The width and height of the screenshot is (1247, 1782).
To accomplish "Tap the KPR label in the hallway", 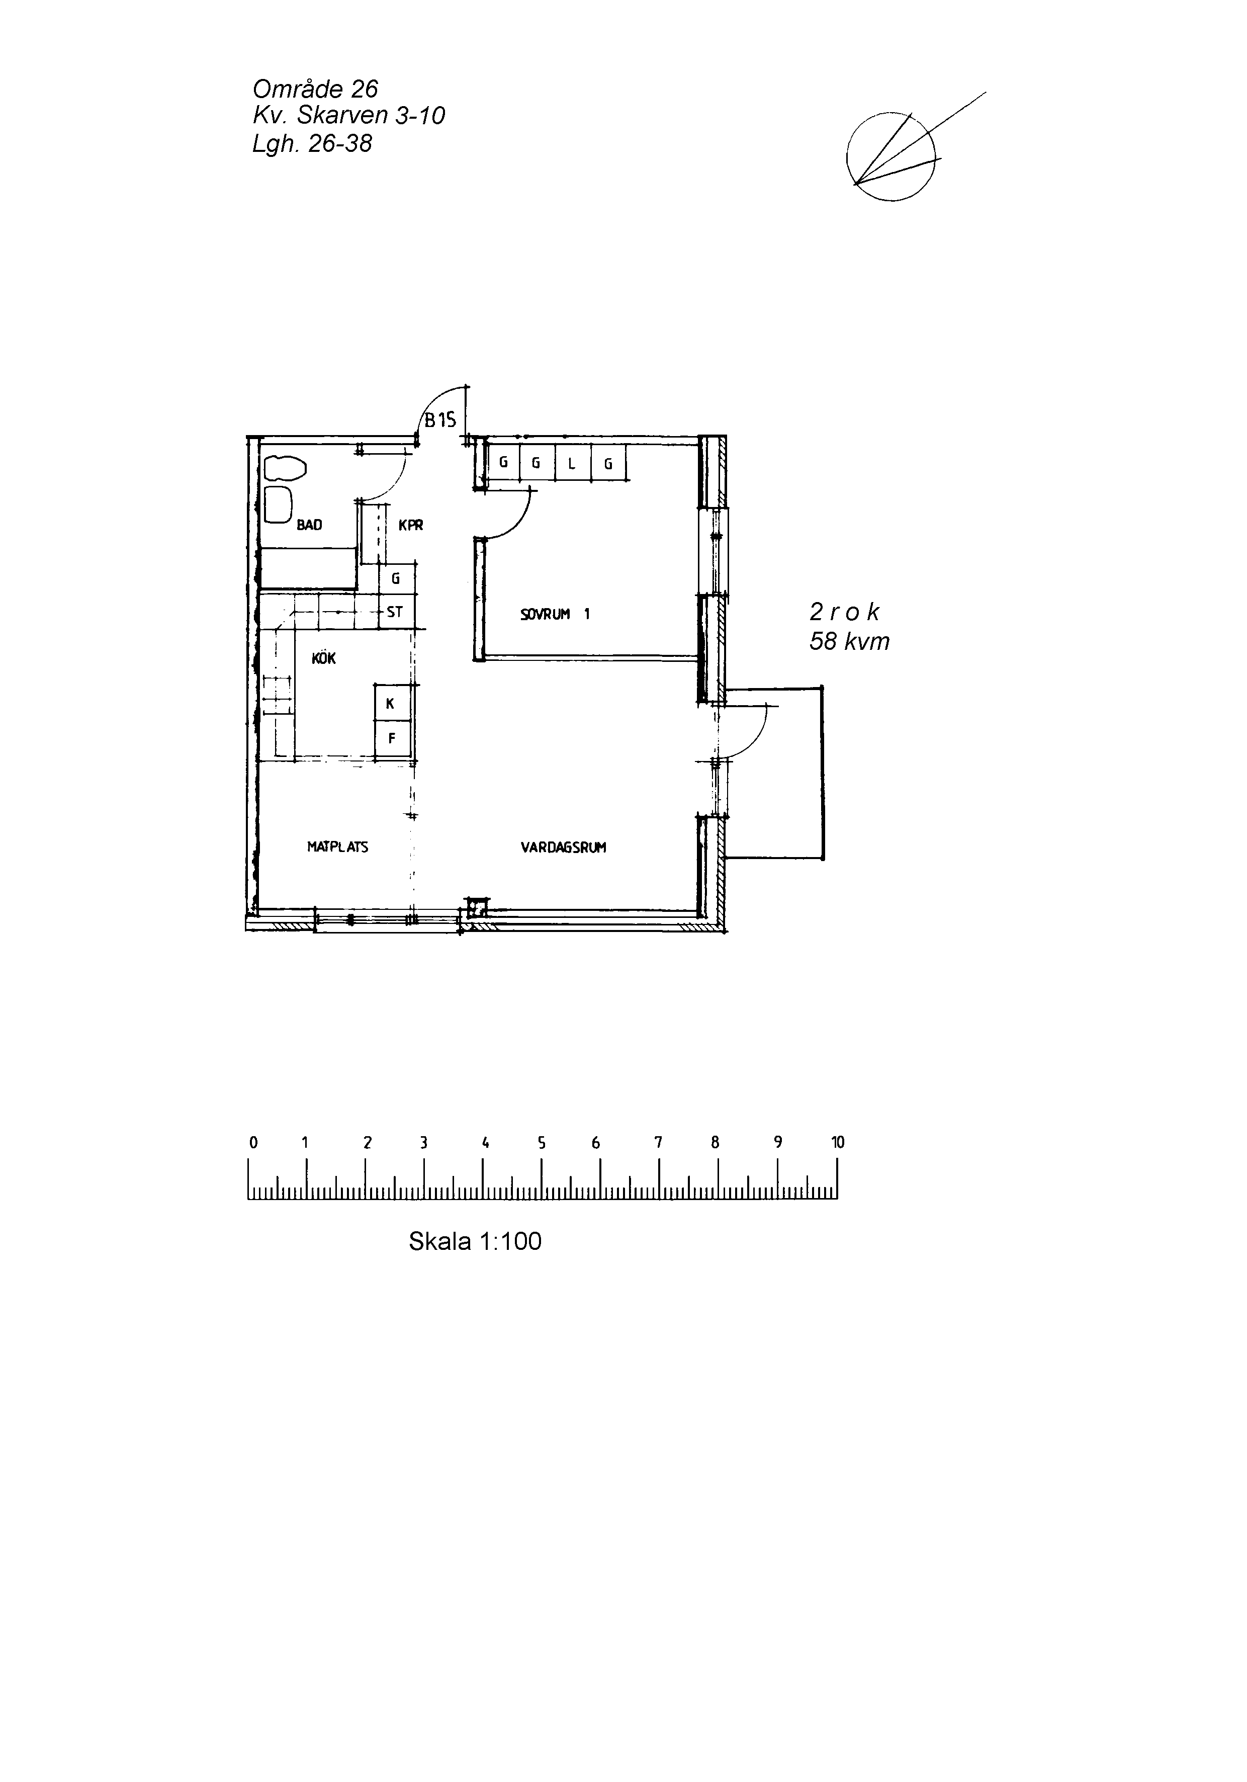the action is coord(410,526).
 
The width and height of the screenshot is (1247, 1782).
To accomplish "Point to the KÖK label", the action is coord(324,658).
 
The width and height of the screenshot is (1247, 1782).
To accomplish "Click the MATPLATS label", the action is coord(337,847).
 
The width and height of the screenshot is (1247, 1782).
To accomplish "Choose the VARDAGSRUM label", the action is coord(563,847).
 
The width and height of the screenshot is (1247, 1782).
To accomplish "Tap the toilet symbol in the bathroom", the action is coord(285,468).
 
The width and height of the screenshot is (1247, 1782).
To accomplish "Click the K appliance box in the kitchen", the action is coord(392,703).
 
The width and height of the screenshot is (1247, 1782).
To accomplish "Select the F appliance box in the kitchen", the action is coord(392,739).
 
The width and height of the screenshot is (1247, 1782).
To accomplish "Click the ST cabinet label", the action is coord(395,612).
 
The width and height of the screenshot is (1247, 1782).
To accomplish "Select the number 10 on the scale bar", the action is coord(837,1142).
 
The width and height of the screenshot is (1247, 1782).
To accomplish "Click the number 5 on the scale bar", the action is coord(542,1142).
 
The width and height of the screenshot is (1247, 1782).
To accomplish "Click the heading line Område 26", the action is coord(315,89).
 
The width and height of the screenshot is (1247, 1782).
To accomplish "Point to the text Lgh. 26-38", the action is coord(312,143).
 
